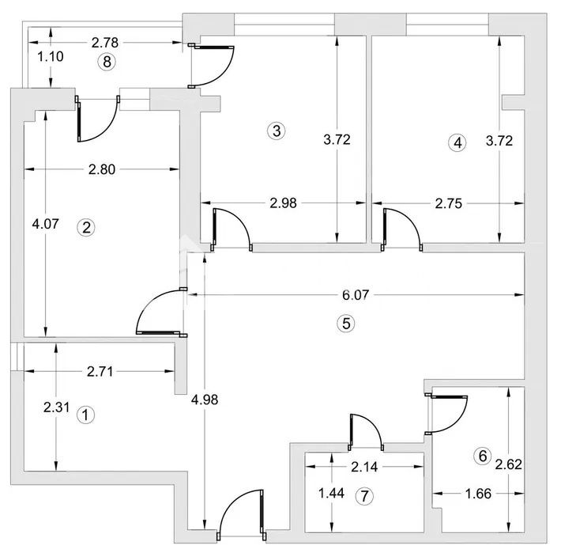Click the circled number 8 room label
(107, 62)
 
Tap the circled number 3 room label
(277, 131)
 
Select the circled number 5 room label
(346, 324)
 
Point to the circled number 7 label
(364, 496)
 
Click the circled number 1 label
(85, 415)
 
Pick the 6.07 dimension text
(356, 295)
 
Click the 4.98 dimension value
(205, 400)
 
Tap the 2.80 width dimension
(102, 169)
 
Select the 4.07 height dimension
(46, 224)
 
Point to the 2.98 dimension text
(284, 203)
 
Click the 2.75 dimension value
(449, 203)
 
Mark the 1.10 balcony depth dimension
(51, 56)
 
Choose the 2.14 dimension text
(364, 467)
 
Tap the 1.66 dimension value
(478, 494)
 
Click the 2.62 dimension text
(509, 464)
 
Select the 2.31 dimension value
(57, 407)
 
